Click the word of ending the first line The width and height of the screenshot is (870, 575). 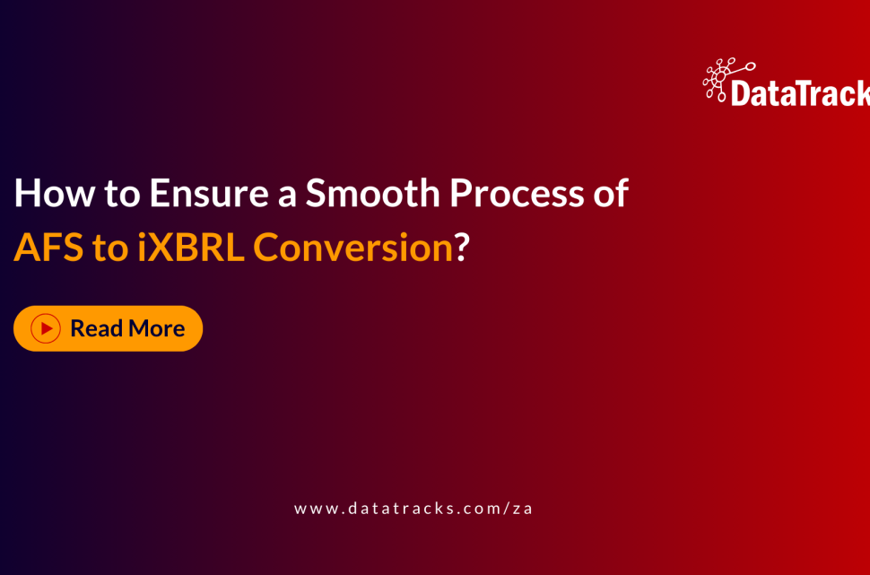pyautogui.click(x=609, y=194)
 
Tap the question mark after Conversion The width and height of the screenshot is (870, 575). pyautogui.click(x=462, y=248)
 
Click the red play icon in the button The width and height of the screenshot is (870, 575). pyautogui.click(x=46, y=328)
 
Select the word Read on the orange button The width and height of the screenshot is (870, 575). pyautogui.click(x=96, y=328)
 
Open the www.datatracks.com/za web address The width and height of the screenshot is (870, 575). pyautogui.click(x=413, y=508)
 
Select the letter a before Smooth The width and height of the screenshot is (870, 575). pyautogui.click(x=287, y=194)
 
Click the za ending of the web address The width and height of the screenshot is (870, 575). pyautogui.click(x=523, y=508)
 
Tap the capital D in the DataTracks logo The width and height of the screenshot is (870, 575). pyautogui.click(x=742, y=92)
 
